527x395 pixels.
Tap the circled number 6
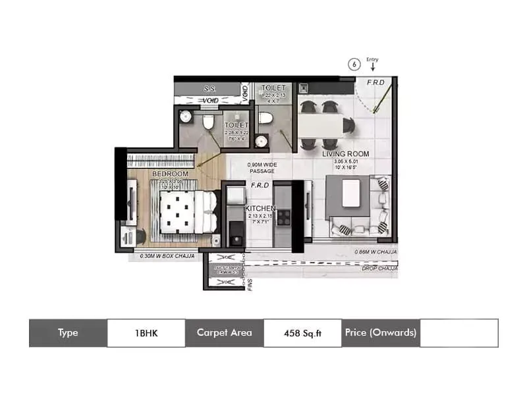point(354,65)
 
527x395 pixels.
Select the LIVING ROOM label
point(345,154)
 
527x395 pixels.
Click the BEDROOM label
point(170,174)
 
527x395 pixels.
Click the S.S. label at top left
point(210,88)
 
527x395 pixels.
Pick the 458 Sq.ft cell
point(302,332)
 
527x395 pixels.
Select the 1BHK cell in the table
point(146,332)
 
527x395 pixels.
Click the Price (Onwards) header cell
point(380,332)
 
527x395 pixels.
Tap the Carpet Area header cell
point(224,332)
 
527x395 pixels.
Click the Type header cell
point(68,332)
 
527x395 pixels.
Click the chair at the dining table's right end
point(348,122)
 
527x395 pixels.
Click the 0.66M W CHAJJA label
point(375,251)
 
